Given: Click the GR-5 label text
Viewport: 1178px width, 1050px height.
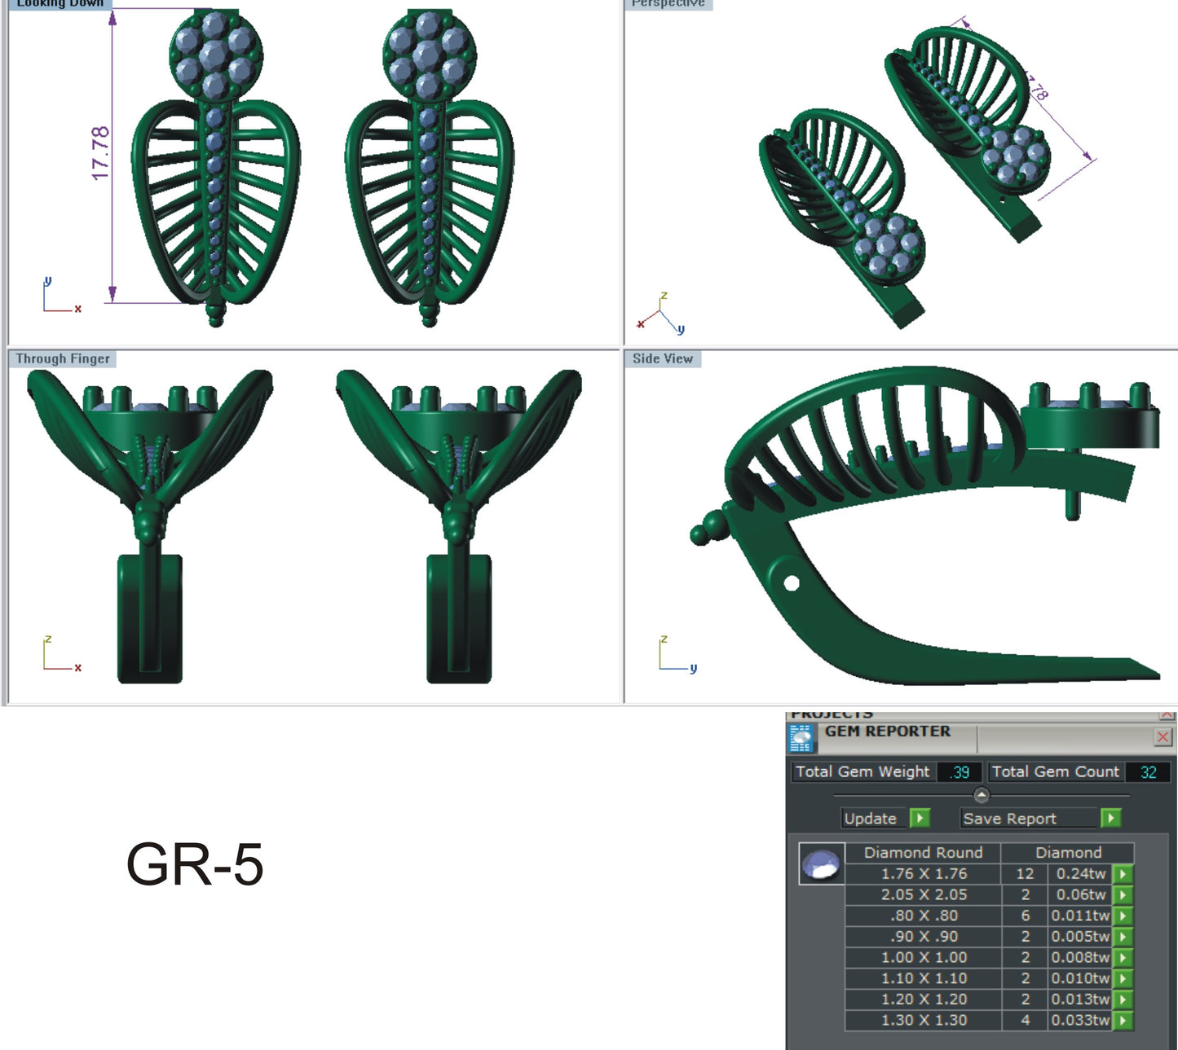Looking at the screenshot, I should (x=195, y=864).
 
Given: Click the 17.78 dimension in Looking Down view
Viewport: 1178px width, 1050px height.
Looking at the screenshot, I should (x=100, y=153).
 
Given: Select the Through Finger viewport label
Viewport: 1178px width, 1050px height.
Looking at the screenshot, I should (x=63, y=359).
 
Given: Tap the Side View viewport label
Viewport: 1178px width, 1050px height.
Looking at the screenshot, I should (x=662, y=359).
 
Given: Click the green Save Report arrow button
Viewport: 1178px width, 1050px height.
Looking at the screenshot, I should (x=1110, y=818).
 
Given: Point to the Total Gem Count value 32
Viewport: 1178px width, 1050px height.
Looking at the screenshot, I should (x=1148, y=772).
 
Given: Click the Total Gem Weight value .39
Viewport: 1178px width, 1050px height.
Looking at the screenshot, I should (x=960, y=772).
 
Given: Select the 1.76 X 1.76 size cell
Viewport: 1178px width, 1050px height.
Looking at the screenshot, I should (x=924, y=874).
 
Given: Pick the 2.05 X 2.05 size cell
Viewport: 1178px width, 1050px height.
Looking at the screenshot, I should (x=924, y=894).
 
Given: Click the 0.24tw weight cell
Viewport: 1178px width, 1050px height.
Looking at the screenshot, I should (x=1080, y=874).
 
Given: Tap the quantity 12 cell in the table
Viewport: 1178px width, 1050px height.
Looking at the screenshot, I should (x=1025, y=874).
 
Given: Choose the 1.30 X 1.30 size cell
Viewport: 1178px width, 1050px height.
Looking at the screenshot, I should (x=924, y=1020).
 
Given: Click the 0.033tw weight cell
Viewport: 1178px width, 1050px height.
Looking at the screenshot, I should (x=1080, y=1020).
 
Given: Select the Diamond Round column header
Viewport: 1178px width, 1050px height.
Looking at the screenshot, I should (x=923, y=853).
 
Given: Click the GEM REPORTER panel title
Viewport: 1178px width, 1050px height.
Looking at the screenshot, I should (x=887, y=731).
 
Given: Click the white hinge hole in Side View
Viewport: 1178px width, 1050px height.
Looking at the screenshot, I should (x=791, y=583).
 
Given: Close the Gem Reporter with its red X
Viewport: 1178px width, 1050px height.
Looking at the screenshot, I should (x=1163, y=737).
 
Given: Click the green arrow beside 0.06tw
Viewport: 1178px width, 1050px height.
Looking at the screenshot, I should (x=1123, y=894).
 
